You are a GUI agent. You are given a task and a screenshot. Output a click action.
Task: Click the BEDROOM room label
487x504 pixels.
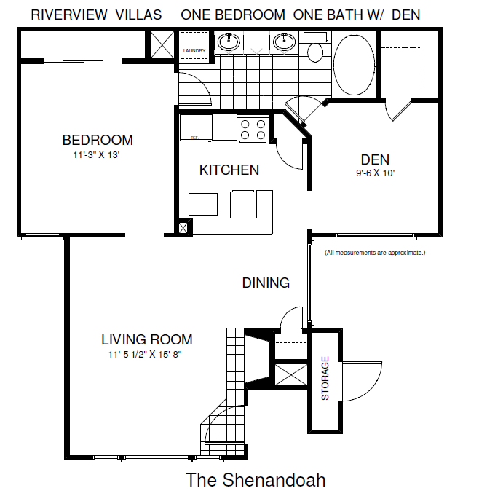(98, 141)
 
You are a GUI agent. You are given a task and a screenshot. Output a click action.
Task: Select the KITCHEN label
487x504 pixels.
(229, 170)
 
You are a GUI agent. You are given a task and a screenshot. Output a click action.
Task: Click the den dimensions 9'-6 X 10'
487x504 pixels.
(376, 173)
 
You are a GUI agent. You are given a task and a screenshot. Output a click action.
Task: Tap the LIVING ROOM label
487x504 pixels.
(146, 339)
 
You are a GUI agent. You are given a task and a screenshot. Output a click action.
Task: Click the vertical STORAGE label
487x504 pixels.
(325, 378)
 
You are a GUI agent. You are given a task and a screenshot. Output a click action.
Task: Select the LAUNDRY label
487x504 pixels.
(194, 50)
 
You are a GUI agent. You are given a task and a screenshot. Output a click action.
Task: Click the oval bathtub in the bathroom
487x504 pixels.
(355, 63)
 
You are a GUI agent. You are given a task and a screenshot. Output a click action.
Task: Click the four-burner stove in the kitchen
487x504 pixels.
(252, 129)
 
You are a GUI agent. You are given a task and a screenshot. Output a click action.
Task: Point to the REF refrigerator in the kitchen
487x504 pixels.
(196, 128)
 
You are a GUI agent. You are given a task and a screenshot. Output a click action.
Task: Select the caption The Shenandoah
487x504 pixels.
(255, 481)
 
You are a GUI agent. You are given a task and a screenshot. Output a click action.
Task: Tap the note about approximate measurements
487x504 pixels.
(374, 253)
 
